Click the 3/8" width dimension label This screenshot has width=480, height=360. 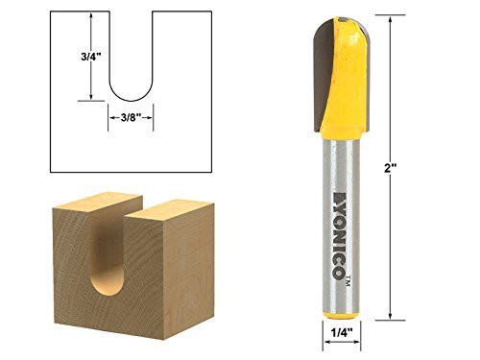130,117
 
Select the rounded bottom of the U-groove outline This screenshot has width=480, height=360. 130,94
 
